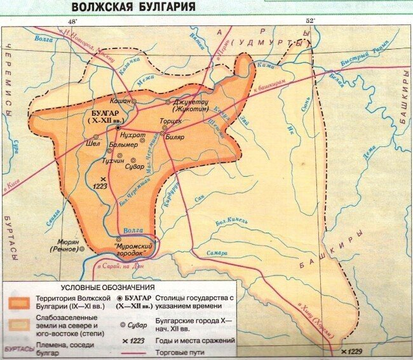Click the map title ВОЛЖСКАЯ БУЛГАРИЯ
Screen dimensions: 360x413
pyautogui.click(x=133, y=7)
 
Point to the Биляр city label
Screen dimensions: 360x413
pyautogui.click(x=175, y=136)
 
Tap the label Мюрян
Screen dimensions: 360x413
pyautogui.click(x=69, y=241)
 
